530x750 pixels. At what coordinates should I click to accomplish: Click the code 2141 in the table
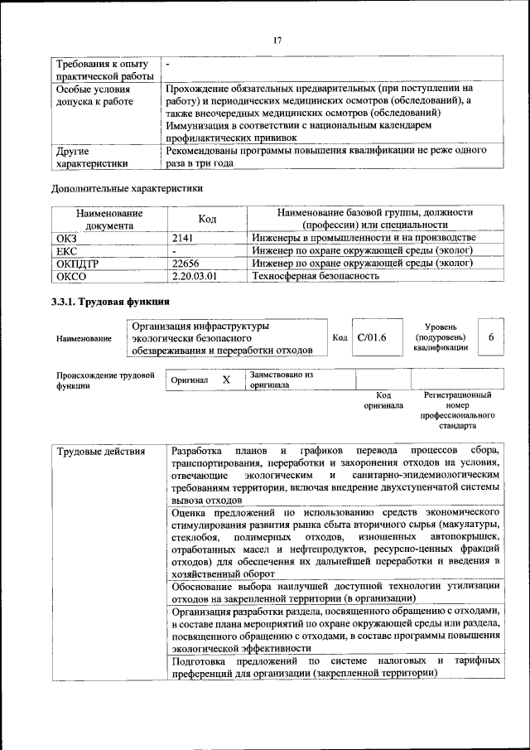click(x=184, y=238)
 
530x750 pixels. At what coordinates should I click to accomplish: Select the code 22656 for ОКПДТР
click(x=186, y=264)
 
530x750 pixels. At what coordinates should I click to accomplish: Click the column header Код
click(x=207, y=219)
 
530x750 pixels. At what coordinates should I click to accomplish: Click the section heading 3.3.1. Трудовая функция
click(x=111, y=302)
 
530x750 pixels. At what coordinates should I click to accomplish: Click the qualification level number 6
click(x=491, y=337)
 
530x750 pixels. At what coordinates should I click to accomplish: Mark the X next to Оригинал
click(x=225, y=380)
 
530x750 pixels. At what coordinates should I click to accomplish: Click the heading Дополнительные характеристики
click(x=127, y=188)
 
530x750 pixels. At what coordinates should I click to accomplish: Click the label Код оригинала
click(x=383, y=401)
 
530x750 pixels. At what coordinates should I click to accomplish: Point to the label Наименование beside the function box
click(x=84, y=338)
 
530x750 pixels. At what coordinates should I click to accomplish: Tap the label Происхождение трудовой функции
click(x=105, y=380)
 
